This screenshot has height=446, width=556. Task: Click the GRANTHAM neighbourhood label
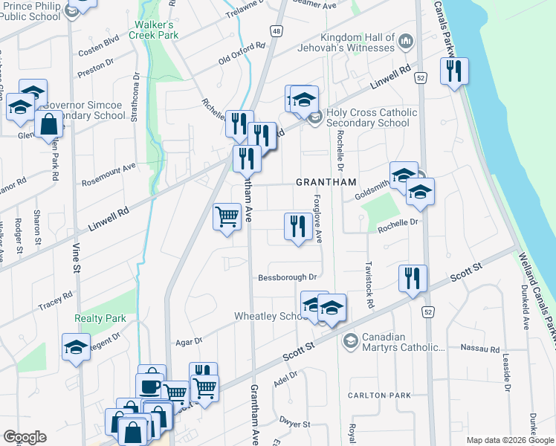coord(326,182)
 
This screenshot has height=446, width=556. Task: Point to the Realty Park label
coord(100,318)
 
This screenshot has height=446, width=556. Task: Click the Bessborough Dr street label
coord(288,278)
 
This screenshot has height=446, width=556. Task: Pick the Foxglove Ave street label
coord(317,219)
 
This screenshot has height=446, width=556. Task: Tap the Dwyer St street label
coord(295,423)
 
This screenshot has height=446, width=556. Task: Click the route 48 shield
coord(276,32)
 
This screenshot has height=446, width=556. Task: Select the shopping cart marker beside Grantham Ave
coord(227,218)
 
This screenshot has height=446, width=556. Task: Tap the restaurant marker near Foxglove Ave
coord(298,226)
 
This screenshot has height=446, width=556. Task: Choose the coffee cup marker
coord(149,387)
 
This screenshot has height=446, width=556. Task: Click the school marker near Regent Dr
coord(76,347)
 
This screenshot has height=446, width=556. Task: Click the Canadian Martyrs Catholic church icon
coord(349,341)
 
